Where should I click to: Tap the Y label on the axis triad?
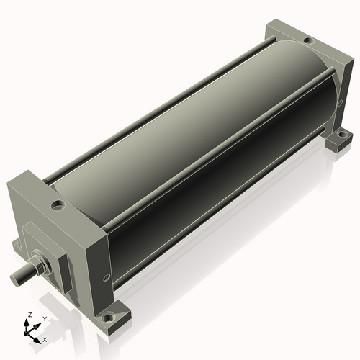(44, 318)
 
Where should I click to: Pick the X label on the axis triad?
(45, 338)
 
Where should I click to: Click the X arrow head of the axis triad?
(38, 336)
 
